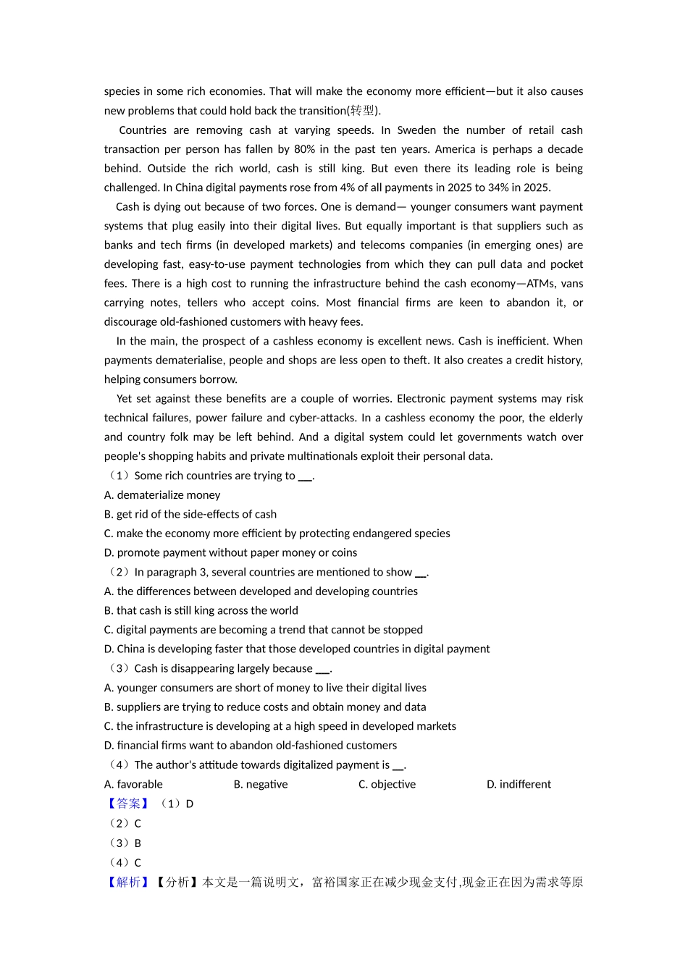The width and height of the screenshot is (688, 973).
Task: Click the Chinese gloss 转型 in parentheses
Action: point(362,111)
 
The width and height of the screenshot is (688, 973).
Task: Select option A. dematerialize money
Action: point(162,495)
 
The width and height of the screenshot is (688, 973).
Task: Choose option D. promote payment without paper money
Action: point(230,552)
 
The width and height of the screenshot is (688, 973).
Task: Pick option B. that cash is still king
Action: point(201,610)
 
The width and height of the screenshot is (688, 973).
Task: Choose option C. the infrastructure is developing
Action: point(280,726)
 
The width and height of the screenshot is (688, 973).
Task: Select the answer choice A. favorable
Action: point(133,784)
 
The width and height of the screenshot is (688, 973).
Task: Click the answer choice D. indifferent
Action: point(519,784)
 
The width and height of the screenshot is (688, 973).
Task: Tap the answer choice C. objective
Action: point(387,784)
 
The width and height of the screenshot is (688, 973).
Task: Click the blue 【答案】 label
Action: point(128,804)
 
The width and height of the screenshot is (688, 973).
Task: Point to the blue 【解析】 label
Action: point(128,882)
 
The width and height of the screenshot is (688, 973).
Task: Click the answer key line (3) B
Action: point(124,843)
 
